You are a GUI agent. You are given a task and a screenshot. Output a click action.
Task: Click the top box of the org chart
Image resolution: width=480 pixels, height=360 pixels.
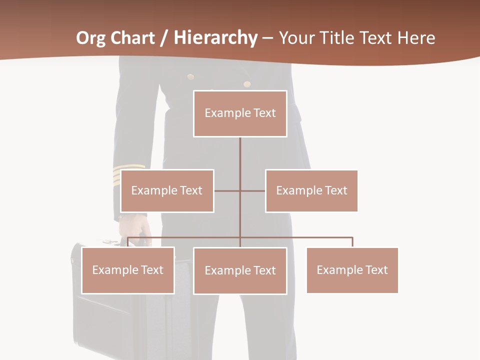pyautogui.click(x=240, y=113)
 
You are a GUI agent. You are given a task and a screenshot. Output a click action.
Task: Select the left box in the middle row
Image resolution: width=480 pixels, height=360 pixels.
pyautogui.click(x=167, y=190)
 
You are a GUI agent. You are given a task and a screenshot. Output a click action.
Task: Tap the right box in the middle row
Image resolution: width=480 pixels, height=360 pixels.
pyautogui.click(x=311, y=190)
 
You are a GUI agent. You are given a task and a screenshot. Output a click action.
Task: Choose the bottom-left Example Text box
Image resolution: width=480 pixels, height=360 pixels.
pyautogui.click(x=128, y=270)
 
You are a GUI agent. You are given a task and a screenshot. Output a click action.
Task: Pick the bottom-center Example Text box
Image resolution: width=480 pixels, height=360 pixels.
pyautogui.click(x=240, y=270)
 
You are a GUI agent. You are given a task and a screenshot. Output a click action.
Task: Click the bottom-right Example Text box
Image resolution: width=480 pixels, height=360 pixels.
pyautogui.click(x=352, y=270)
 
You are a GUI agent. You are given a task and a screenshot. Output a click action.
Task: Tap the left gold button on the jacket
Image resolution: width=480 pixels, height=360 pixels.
pyautogui.click(x=190, y=76)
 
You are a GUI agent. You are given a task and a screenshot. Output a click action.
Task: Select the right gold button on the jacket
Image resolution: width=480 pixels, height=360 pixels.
pyautogui.click(x=247, y=83)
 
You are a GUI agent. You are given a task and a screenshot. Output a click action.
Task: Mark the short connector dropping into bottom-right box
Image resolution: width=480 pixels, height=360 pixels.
pyautogui.click(x=352, y=242)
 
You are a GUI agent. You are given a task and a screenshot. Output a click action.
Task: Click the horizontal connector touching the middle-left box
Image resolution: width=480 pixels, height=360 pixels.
pyautogui.click(x=227, y=190)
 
